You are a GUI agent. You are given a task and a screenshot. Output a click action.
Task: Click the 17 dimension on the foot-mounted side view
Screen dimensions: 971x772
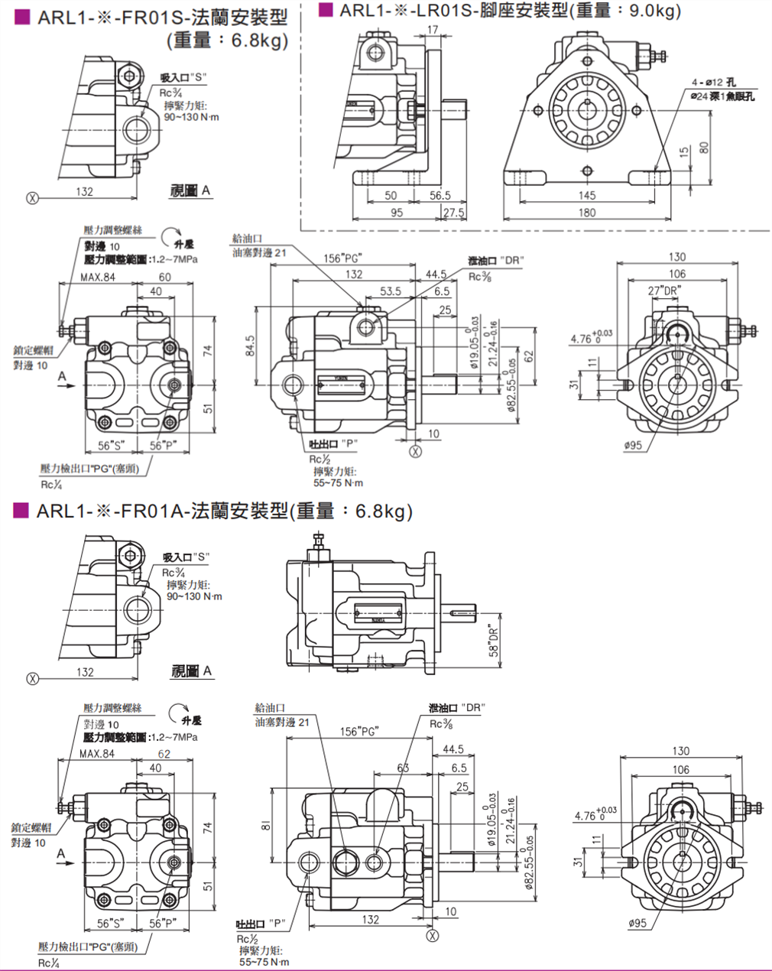(433, 31)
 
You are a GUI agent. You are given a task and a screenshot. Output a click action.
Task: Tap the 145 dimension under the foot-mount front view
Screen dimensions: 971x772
(586, 196)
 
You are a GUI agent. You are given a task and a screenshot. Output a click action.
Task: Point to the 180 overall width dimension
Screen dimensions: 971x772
(586, 213)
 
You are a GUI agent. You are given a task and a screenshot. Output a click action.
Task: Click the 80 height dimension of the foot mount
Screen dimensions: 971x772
(704, 145)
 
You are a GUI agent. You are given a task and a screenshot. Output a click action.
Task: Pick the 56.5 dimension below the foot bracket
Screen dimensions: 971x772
(440, 196)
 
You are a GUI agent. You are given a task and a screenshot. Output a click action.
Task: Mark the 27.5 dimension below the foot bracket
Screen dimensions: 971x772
(454, 213)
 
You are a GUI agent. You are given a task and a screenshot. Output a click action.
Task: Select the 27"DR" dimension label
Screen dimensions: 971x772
(663, 291)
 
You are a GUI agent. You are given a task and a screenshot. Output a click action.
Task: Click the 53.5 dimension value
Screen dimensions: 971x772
(391, 291)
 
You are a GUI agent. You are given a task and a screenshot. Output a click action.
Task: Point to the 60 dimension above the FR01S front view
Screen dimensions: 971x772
(165, 277)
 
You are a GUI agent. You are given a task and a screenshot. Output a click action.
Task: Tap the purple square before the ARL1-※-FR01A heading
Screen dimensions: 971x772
(21, 510)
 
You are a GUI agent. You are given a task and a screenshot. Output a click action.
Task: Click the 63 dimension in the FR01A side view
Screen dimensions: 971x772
(403, 768)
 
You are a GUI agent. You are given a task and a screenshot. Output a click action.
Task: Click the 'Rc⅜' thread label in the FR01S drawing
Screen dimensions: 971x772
(480, 277)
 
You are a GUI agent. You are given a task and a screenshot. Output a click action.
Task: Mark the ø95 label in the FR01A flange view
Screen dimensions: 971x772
(636, 923)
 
